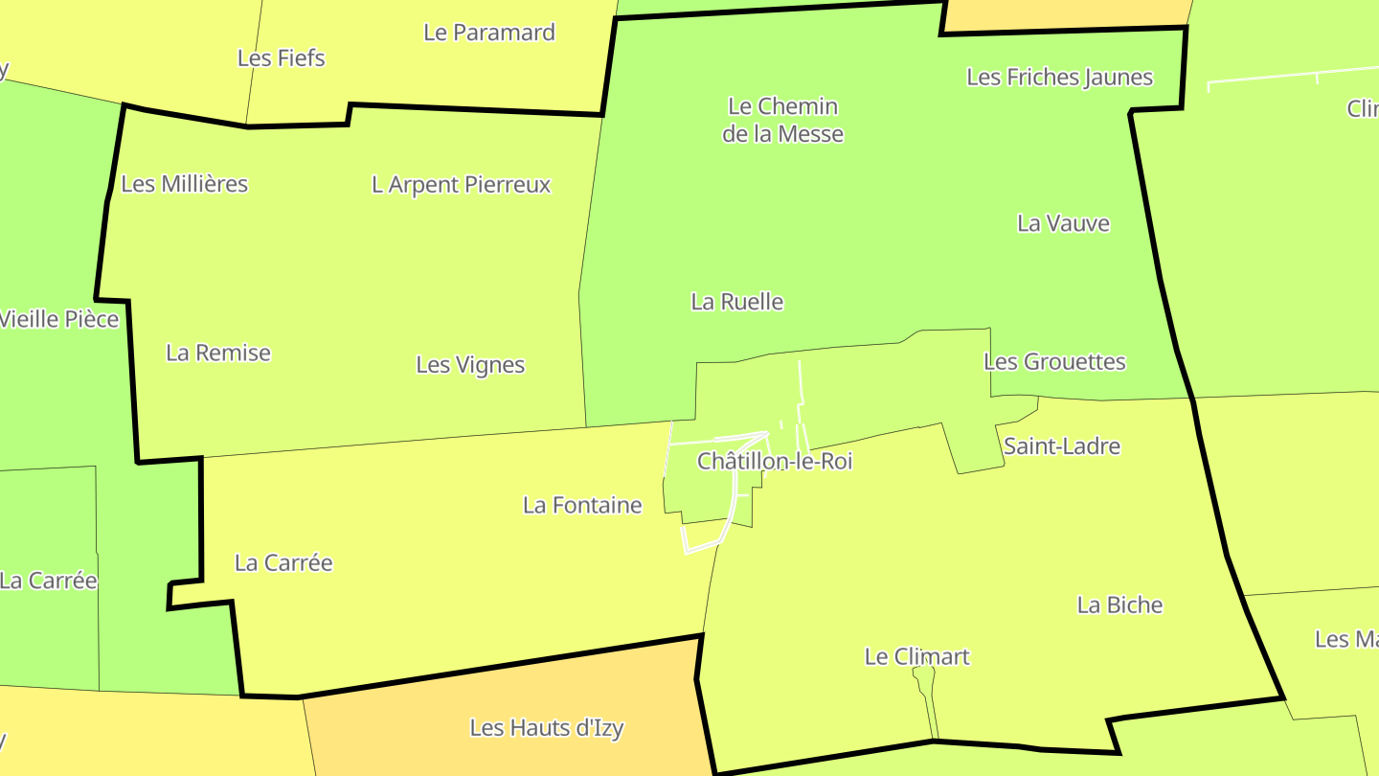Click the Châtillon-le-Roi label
point(775,461)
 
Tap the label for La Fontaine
point(582,505)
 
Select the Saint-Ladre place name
point(1061,445)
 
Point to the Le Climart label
point(916,656)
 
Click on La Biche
point(1119,605)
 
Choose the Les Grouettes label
point(1054,361)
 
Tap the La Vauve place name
point(1063,223)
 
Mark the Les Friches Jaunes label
point(1059,77)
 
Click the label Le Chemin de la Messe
point(782,120)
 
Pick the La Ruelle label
point(737,302)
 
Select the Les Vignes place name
point(470,365)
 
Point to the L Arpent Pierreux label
point(461,184)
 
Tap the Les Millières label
point(185,183)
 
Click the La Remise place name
point(218,353)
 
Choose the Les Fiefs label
point(281,57)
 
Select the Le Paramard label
point(489,32)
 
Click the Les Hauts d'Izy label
point(546,728)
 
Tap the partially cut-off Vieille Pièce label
point(59,319)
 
